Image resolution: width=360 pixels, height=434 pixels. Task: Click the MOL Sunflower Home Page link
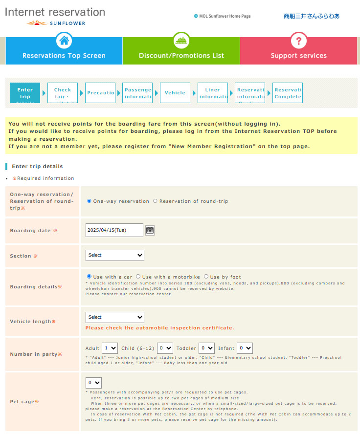pyautogui.click(x=225, y=16)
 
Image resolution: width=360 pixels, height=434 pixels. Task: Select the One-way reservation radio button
pyautogui.click(x=89, y=201)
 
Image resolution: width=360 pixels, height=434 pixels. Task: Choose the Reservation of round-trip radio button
pyautogui.click(x=155, y=201)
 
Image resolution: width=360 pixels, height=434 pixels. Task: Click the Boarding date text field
pyautogui.click(x=114, y=230)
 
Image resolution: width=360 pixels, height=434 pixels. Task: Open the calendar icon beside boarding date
pyautogui.click(x=150, y=230)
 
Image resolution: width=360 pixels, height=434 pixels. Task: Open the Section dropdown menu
pyautogui.click(x=115, y=255)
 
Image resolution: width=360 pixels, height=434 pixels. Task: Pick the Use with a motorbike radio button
pyautogui.click(x=138, y=277)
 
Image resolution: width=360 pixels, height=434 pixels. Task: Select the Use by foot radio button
pyautogui.click(x=206, y=277)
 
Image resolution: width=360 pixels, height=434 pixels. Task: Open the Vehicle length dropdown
pyautogui.click(x=115, y=318)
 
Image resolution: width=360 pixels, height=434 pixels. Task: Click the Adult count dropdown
pyautogui.click(x=110, y=348)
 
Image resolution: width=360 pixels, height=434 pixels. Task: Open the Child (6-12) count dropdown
pyautogui.click(x=165, y=348)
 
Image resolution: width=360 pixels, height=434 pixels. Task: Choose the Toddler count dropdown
pyautogui.click(x=207, y=348)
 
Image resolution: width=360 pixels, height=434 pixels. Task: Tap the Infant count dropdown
pyautogui.click(x=245, y=348)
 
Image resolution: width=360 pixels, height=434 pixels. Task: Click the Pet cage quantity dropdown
pyautogui.click(x=93, y=383)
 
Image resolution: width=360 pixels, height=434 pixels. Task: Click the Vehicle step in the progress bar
pyautogui.click(x=175, y=93)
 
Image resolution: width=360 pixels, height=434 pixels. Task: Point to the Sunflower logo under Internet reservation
pyautogui.click(x=56, y=23)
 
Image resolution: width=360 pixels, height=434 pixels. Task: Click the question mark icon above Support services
pyautogui.click(x=298, y=41)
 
